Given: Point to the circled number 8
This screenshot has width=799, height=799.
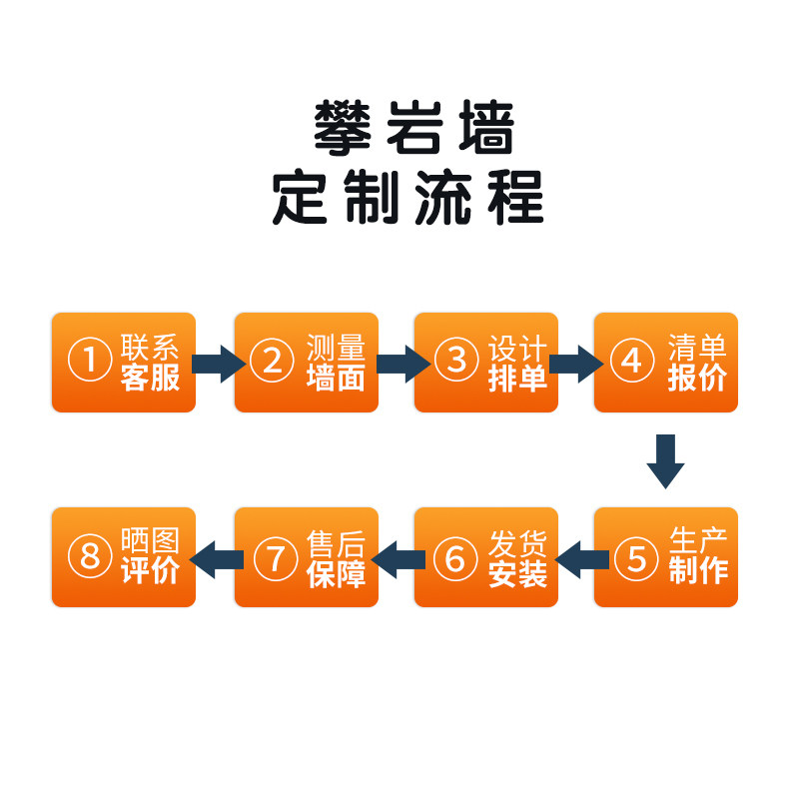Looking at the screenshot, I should pyautogui.click(x=89, y=556).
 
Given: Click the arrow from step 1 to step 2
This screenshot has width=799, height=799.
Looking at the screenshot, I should pyautogui.click(x=217, y=363).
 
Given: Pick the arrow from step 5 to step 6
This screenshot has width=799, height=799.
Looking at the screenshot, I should pyautogui.click(x=579, y=558).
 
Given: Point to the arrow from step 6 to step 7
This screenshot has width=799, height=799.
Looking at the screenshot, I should pyautogui.click(x=398, y=558).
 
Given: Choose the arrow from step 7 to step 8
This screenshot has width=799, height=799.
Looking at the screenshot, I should pyautogui.click(x=216, y=558).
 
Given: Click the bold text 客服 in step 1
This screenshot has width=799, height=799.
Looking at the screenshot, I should pyautogui.click(x=150, y=379).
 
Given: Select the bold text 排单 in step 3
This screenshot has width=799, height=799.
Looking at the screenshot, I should pyautogui.click(x=517, y=379).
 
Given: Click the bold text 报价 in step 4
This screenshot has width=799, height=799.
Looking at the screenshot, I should pyautogui.click(x=697, y=379).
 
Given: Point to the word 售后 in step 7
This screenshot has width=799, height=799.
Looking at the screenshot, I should pyautogui.click(x=336, y=544).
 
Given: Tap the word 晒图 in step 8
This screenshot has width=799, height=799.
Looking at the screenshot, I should pyautogui.click(x=150, y=542).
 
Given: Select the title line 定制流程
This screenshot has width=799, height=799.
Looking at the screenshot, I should pyautogui.click(x=408, y=198).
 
